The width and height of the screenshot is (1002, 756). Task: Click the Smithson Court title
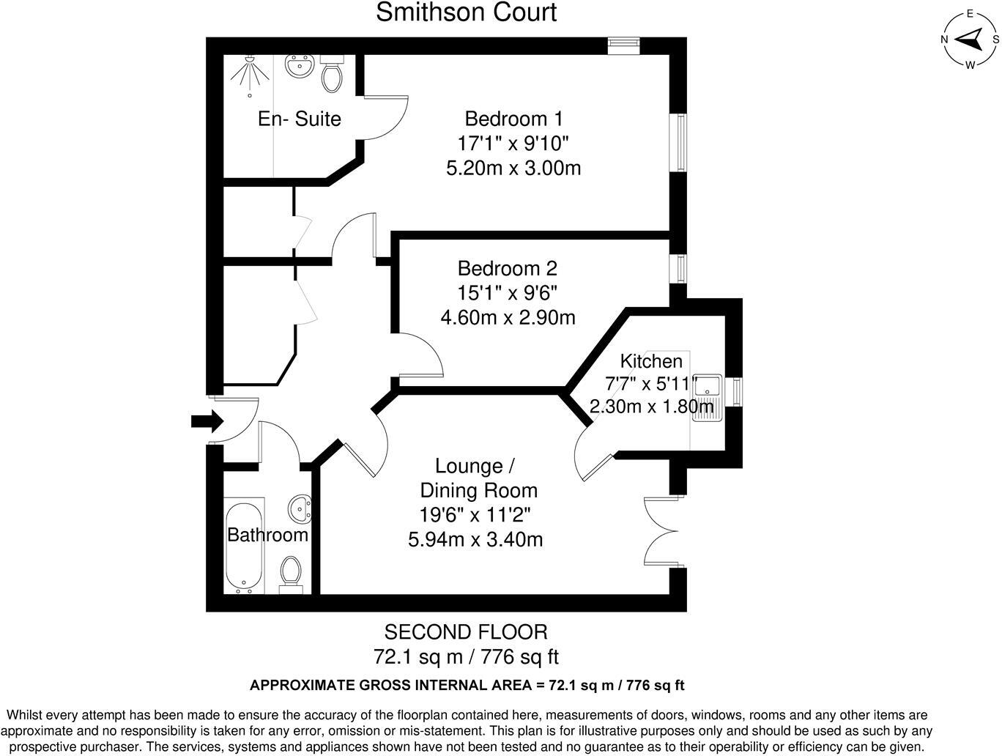(x=466, y=12)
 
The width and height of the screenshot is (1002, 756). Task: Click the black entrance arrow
(x=206, y=421)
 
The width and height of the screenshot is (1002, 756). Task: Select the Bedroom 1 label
(x=513, y=118)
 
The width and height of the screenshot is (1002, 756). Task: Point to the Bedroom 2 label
(x=507, y=267)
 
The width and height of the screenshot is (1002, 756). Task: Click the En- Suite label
(x=299, y=119)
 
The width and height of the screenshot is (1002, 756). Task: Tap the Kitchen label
(x=651, y=361)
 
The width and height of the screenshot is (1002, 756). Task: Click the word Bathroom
(x=267, y=535)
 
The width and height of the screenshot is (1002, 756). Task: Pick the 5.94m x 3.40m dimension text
(x=475, y=540)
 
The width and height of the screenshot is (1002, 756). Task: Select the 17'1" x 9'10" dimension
(x=513, y=143)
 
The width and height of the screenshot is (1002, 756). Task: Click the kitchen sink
(x=708, y=399)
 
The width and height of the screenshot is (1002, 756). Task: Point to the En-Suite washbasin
(x=299, y=66)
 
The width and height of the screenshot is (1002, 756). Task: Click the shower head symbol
(x=250, y=73)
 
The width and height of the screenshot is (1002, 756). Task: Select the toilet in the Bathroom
(x=292, y=571)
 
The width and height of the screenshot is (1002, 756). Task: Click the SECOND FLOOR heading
(x=466, y=631)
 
